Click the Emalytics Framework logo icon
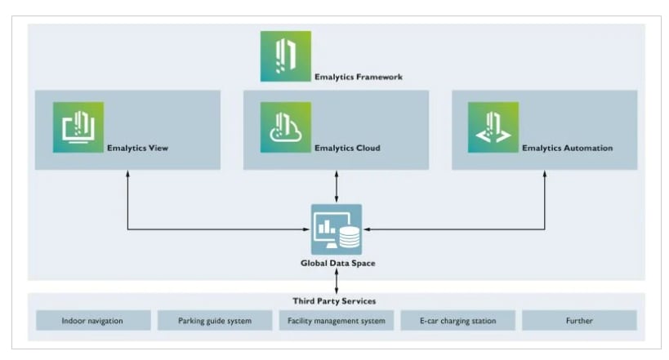pos(285,56)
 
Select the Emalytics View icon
pos(78,127)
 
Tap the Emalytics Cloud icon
pos(285,127)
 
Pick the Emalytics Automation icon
pos(493,127)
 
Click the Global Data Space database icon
pos(337,229)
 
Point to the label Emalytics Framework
pos(358,78)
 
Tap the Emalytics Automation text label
pos(567,149)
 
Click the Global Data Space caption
pos(337,264)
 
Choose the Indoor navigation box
pos(92,321)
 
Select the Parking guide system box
pos(214,321)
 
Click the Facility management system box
pos(336,321)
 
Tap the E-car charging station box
pos(457,321)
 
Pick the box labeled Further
pos(578,321)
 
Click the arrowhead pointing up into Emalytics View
pos(127,174)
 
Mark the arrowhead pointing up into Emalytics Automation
pos(545,174)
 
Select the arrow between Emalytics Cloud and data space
pos(337,187)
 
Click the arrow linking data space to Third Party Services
pos(337,282)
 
